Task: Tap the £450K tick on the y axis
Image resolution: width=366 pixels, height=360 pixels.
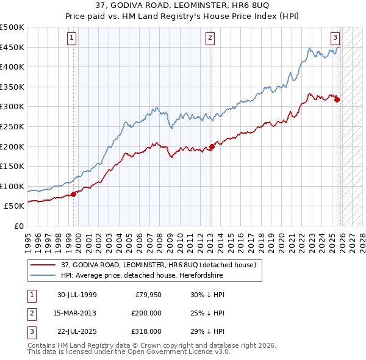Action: point(12,47)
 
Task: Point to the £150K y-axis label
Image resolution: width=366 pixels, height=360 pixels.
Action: point(12,166)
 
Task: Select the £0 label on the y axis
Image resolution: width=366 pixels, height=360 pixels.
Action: point(18,226)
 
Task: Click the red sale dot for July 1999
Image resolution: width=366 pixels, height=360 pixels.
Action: point(74,194)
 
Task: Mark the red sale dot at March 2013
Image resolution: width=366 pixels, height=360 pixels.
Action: point(212,146)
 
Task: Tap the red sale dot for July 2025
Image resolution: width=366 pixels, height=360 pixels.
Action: point(337,99)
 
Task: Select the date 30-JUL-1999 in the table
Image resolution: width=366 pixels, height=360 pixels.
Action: point(77,295)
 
